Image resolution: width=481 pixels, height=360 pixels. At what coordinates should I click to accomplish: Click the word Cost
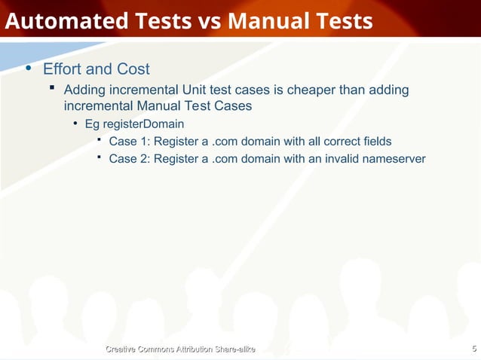[133, 69]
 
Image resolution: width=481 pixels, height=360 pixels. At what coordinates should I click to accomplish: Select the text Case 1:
[129, 141]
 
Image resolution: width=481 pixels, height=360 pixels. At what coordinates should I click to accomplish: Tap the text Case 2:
[129, 159]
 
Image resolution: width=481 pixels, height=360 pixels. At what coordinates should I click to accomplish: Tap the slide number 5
[473, 348]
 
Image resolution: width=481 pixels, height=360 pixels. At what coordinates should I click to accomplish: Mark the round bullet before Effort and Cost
[29, 69]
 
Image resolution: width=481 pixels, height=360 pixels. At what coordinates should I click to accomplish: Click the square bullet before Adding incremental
[52, 90]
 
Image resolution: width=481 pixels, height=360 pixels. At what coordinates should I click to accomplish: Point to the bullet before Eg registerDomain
[75, 123]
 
